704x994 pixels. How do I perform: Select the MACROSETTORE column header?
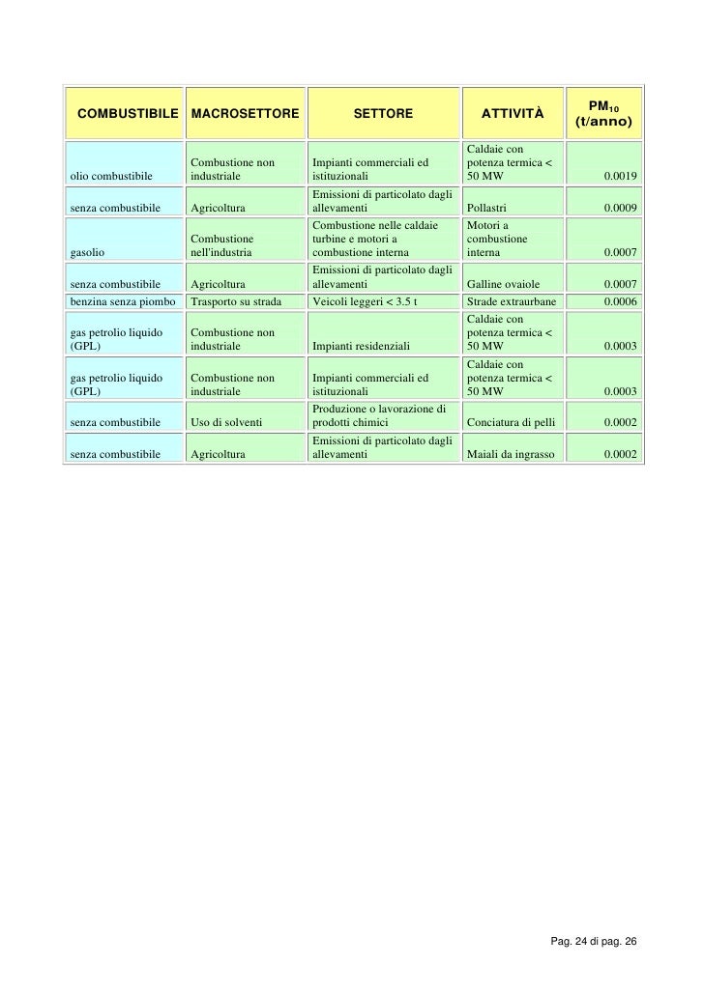pyautogui.click(x=246, y=115)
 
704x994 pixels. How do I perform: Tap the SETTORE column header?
pyautogui.click(x=383, y=115)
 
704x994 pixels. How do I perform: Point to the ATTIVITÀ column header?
pyautogui.click(x=513, y=115)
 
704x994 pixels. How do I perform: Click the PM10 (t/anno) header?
pyautogui.click(x=603, y=115)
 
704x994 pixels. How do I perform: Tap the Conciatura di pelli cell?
pyautogui.click(x=512, y=422)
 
